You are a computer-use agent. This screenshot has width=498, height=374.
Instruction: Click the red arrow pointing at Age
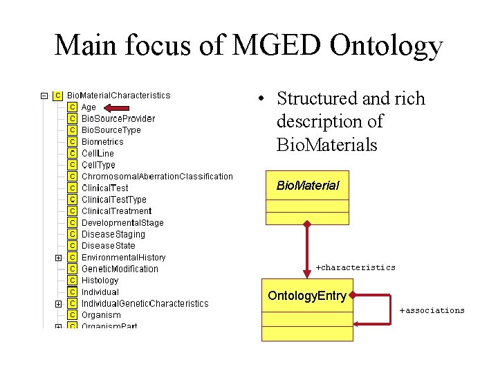pyautogui.click(x=121, y=107)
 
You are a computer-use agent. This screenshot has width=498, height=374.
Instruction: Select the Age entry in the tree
pyautogui.click(x=89, y=107)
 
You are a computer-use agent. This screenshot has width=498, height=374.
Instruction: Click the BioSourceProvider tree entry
pyautogui.click(x=118, y=118)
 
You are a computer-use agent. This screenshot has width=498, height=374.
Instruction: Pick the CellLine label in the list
pyautogui.click(x=98, y=153)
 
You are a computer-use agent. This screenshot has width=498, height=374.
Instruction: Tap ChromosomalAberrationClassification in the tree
pyautogui.click(x=157, y=176)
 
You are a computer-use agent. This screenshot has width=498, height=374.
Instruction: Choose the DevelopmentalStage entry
pyautogui.click(x=122, y=222)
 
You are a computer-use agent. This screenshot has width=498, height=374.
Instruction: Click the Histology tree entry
pyautogui.click(x=100, y=280)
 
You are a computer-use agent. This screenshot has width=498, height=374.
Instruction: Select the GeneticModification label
pyautogui.click(x=120, y=269)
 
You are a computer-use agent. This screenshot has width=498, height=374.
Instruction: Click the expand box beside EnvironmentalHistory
pyautogui.click(x=58, y=258)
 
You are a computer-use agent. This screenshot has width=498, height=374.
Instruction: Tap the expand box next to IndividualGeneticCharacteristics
pyautogui.click(x=58, y=303)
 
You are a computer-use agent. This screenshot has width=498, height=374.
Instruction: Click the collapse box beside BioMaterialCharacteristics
pyautogui.click(x=44, y=96)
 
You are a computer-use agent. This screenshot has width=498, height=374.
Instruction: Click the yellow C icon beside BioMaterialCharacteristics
pyautogui.click(x=58, y=96)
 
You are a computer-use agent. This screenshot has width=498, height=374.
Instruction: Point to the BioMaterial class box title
pyautogui.click(x=308, y=186)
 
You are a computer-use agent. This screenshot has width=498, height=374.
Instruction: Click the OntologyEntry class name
pyautogui.click(x=306, y=296)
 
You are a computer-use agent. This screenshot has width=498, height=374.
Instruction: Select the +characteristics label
pyautogui.click(x=356, y=267)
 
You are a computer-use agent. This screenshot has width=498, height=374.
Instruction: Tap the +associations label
pyautogui.click(x=432, y=310)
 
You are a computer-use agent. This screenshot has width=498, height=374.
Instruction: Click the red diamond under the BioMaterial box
pyautogui.click(x=308, y=224)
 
